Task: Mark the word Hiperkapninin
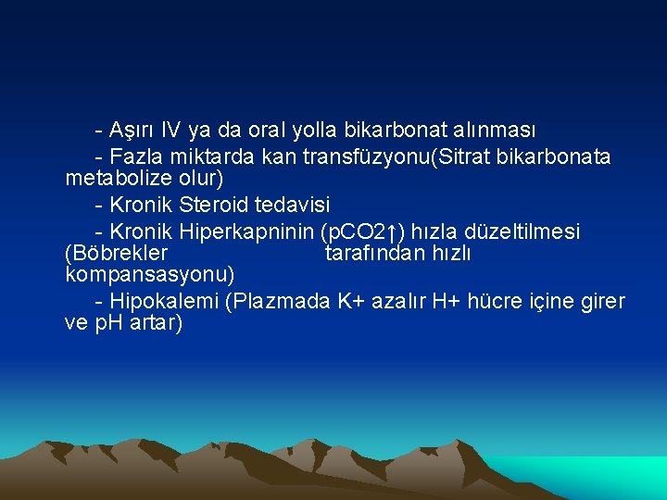coord(246,231)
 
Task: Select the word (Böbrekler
coord(117,252)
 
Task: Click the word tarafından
coord(375,252)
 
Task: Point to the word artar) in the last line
coord(156,323)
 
